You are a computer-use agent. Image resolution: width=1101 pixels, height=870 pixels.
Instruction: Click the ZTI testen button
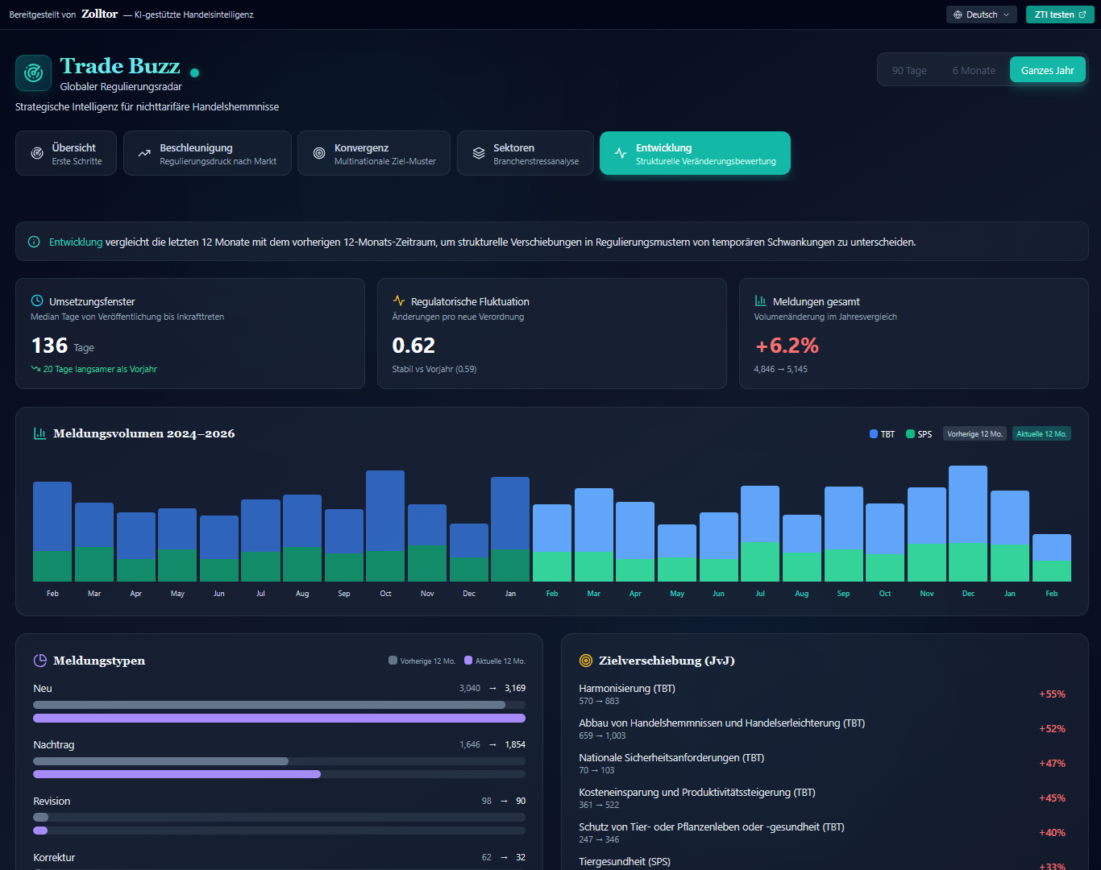(1059, 14)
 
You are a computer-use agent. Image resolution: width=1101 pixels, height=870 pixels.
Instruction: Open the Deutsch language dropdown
(981, 14)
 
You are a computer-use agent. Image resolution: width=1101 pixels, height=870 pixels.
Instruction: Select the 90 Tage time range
(908, 70)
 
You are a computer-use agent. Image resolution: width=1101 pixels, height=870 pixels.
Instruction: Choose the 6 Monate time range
(973, 70)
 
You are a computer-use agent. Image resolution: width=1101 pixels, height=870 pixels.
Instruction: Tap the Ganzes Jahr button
(1047, 70)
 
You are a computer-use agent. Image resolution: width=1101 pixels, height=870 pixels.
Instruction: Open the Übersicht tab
(66, 153)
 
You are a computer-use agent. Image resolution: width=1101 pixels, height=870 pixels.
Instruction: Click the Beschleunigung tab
(207, 153)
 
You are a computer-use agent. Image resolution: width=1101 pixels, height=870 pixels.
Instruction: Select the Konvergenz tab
(373, 153)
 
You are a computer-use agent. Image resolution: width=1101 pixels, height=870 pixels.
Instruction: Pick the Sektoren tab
(525, 153)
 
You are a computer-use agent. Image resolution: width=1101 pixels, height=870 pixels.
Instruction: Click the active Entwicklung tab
(695, 153)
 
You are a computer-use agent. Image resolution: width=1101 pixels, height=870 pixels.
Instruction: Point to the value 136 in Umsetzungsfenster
(49, 346)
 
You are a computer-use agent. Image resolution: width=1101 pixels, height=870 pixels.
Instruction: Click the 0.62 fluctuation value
(413, 346)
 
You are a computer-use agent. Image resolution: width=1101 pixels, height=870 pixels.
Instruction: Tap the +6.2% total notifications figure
(787, 346)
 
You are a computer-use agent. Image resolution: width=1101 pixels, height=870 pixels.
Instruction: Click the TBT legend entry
(882, 434)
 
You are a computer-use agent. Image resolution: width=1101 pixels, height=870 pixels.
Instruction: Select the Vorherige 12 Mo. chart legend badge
(974, 434)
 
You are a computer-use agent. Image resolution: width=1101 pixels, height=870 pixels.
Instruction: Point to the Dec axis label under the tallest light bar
(968, 594)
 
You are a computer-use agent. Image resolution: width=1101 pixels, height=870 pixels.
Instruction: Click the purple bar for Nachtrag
(177, 774)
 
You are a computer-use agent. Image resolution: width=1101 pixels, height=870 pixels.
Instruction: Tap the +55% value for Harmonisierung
(1052, 694)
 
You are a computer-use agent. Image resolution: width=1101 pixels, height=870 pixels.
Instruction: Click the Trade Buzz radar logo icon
(33, 73)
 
